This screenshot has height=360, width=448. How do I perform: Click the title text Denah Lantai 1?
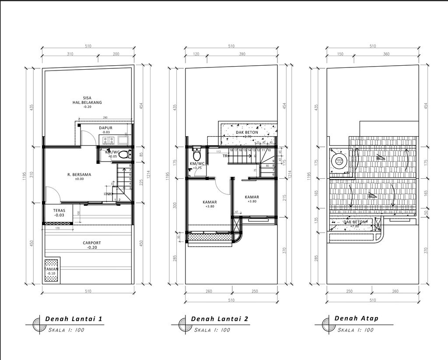click(74, 319)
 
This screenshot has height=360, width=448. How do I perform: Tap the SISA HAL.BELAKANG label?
click(87, 100)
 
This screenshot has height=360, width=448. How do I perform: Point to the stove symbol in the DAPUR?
click(108, 140)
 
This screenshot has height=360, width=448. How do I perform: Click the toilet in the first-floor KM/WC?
click(124, 154)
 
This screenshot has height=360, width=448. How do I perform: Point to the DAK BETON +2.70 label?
click(247, 134)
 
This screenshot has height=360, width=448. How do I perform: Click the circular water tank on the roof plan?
click(339, 161)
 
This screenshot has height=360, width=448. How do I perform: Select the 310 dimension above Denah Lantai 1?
click(69, 54)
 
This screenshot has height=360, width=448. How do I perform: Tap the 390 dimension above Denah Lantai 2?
click(241, 54)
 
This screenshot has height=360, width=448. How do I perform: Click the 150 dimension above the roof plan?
click(340, 54)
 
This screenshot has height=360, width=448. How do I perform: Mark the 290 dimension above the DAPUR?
click(105, 118)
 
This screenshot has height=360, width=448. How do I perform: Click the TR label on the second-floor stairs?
click(225, 156)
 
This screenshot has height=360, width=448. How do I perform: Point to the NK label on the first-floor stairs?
click(109, 194)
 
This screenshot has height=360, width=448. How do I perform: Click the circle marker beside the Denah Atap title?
click(326, 324)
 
